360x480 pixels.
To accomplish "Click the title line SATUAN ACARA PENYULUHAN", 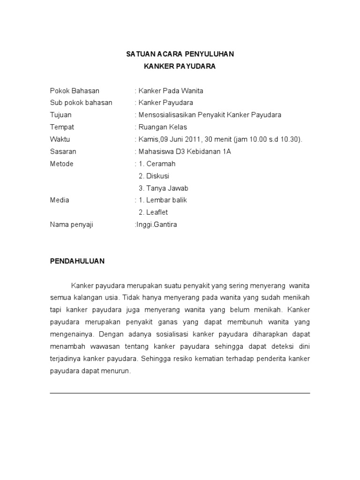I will point(180,54).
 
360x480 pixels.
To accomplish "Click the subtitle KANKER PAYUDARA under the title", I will point(180,67).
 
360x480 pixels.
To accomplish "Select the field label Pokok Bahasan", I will point(75,90).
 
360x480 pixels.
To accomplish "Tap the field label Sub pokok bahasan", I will point(81,103).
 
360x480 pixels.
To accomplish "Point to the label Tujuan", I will point(60,115).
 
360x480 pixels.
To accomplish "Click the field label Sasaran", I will point(63,151).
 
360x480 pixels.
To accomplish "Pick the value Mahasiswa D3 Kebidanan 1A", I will point(185,151).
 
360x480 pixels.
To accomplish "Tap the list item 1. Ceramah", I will point(157,164).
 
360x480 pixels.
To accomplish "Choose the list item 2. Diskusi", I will point(154,176).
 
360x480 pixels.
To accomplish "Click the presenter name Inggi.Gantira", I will point(157,225).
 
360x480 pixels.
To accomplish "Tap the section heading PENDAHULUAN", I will point(77,261).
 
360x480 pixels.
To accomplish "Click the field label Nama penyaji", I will point(72,225).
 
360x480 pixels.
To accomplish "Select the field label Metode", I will point(61,164).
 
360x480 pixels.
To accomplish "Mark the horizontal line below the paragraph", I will point(180,393).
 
